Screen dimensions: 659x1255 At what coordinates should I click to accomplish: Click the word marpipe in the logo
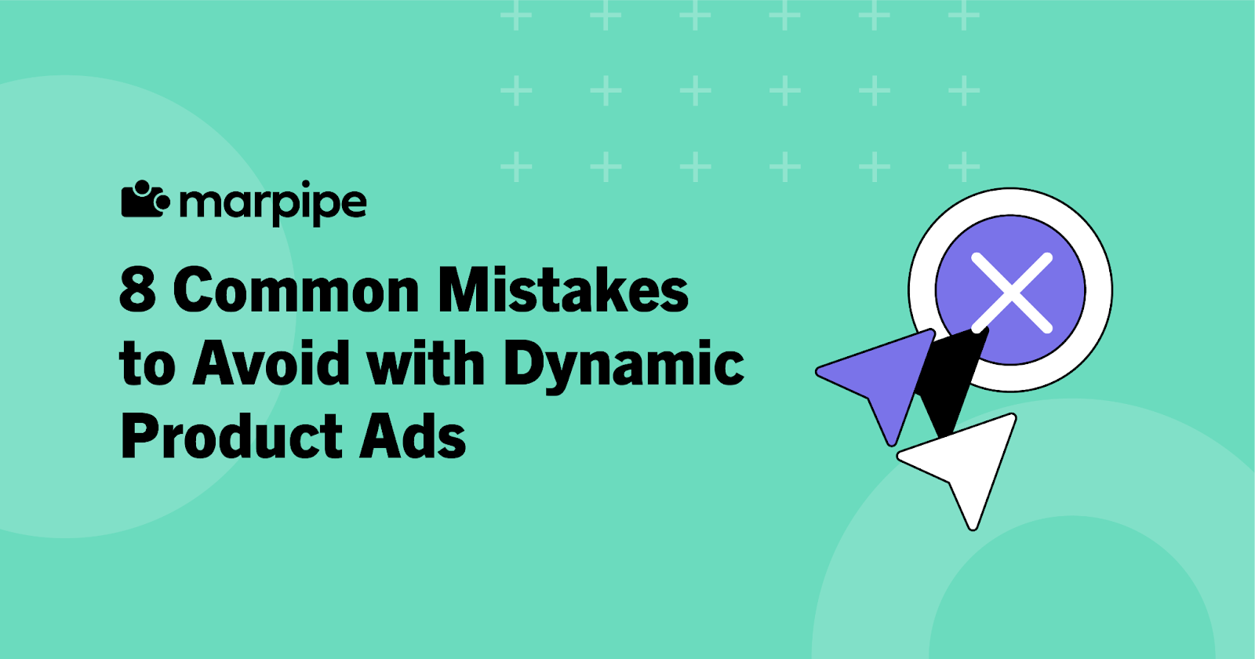coord(272,203)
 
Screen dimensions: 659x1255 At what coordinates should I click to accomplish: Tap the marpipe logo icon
coord(144,200)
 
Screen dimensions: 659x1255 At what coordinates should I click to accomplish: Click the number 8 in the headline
coord(137,289)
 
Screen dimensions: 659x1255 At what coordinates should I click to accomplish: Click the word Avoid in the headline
coord(271,363)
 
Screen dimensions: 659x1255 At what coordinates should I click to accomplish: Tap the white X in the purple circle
coord(1011,291)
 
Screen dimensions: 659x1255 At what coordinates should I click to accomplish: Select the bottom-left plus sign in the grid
coord(515,166)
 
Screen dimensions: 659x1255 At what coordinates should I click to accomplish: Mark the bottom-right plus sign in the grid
coord(964,166)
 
